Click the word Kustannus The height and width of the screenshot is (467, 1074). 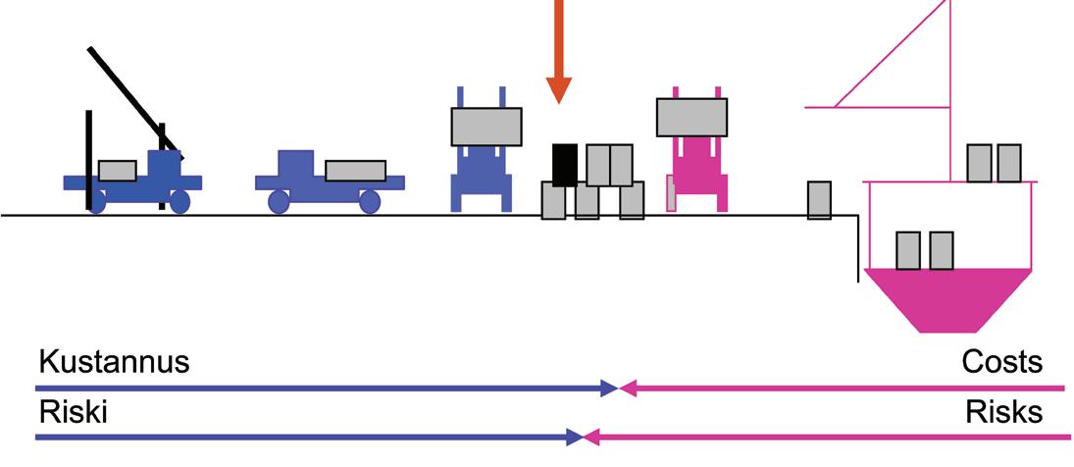pos(113,362)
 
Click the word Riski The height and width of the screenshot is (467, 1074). pos(72,412)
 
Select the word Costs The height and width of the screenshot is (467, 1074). pos(1001,362)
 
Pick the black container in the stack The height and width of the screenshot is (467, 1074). pos(564,164)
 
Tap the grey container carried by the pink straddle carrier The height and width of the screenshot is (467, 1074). pos(691,117)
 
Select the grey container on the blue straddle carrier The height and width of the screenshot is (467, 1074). pos(486,126)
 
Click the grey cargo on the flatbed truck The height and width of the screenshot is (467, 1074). pos(355,170)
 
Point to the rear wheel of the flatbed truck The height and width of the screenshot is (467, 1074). pos(279,201)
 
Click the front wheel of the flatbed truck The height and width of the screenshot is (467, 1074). pos(370,201)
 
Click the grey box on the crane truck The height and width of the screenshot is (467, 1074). pos(117,171)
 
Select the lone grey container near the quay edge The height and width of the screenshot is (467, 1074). pos(819,199)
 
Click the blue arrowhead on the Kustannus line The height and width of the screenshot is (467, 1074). pos(608,388)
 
